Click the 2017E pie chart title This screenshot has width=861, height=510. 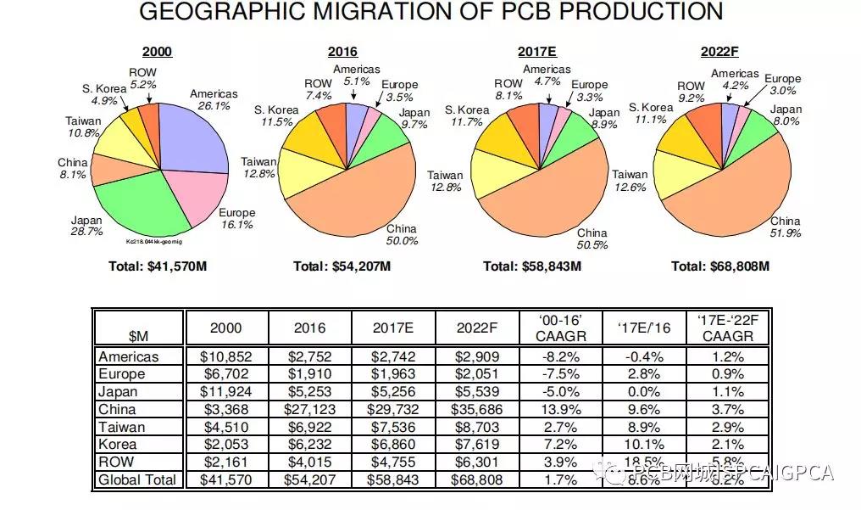pyautogui.click(x=536, y=52)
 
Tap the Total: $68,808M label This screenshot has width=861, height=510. pyautogui.click(x=719, y=266)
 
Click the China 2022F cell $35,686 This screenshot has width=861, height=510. pyautogui.click(x=477, y=409)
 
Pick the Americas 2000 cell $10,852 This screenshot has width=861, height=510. pyautogui.click(x=226, y=356)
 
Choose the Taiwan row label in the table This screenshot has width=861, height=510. pyautogui.click(x=122, y=427)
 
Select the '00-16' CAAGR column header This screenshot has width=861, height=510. pyautogui.click(x=560, y=328)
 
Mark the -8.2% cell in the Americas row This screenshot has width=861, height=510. pyautogui.click(x=560, y=356)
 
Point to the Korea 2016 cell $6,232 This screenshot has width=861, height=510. pyautogui.click(x=309, y=445)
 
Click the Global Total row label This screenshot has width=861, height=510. pyautogui.click(x=137, y=480)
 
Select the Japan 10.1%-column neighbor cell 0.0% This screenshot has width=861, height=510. pyautogui.click(x=644, y=392)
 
